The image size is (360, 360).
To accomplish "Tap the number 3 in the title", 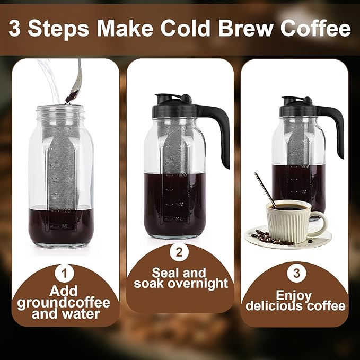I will pos(17,29).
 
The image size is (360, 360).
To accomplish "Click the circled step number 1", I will pos(65,274).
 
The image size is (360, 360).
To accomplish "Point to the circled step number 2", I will pos(179,252).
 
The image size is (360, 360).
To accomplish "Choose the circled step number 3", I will pos(295,274).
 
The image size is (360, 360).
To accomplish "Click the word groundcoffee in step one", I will pos(64,303).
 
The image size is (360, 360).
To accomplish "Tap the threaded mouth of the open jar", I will pos(64,113).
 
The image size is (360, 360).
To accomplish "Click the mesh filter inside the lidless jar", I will pos(64,170).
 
